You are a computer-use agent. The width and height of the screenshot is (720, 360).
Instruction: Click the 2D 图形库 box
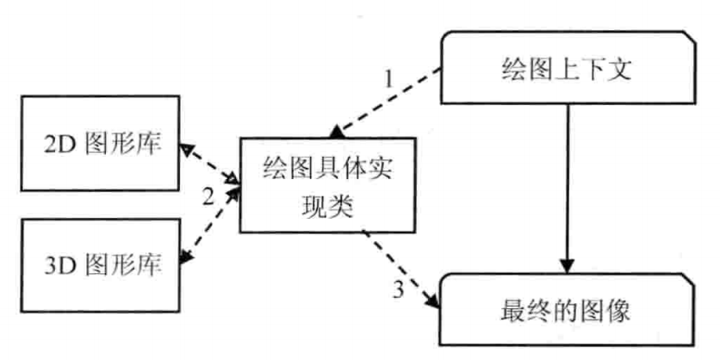click(100, 143)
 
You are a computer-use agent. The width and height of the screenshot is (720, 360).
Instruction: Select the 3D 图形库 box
click(100, 265)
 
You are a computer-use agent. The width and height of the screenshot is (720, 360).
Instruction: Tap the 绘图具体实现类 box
click(327, 184)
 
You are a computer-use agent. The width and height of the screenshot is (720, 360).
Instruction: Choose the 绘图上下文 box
click(568, 67)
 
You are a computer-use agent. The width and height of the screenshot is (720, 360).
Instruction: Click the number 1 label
click(389, 80)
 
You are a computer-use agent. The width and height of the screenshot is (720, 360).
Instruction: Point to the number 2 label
click(208, 198)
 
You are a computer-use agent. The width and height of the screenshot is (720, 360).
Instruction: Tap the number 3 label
click(399, 290)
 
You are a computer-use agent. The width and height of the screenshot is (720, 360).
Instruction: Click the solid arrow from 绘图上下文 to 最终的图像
click(568, 189)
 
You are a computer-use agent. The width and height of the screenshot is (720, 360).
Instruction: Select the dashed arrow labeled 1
click(385, 102)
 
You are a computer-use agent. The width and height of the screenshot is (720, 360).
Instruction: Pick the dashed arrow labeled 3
click(400, 269)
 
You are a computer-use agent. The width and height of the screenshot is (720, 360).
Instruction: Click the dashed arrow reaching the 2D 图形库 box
click(209, 164)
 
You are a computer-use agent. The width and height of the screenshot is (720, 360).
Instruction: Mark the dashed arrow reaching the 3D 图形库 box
click(209, 225)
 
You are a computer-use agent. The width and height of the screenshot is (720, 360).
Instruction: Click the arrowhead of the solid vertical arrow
click(568, 267)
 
